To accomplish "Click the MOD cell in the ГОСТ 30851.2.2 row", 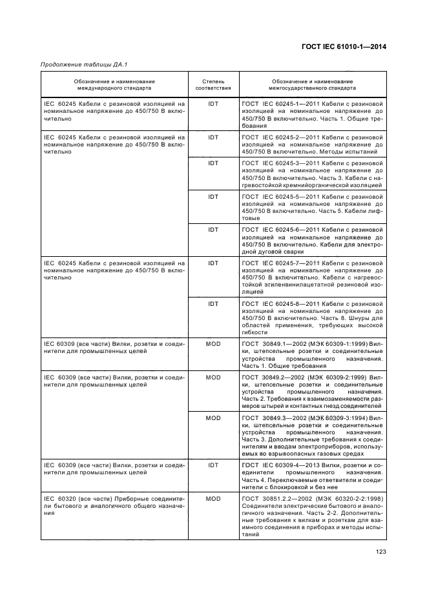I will point(213,499).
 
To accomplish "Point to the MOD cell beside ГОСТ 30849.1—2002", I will point(213,344).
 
